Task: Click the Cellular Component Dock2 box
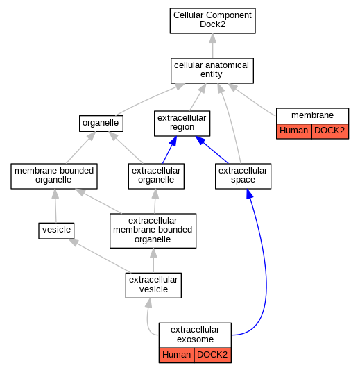coord(213,21)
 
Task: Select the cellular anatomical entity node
coord(212,71)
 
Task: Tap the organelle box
coord(101,124)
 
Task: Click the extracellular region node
coord(182,124)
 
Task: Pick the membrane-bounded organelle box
coord(54,176)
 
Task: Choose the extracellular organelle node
coord(156,176)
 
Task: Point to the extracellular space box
coord(243,176)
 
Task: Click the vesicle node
coord(56,230)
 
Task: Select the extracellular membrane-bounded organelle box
coord(153,230)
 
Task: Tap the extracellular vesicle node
coord(153,285)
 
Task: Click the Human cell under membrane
coord(294,131)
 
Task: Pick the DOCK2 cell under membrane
coord(330,131)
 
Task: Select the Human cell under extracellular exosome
coord(177,355)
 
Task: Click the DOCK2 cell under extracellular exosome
coord(213,355)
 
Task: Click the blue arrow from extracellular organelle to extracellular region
coord(169,150)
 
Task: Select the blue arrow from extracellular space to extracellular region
coord(212,150)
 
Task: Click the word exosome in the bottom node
coord(195,339)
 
